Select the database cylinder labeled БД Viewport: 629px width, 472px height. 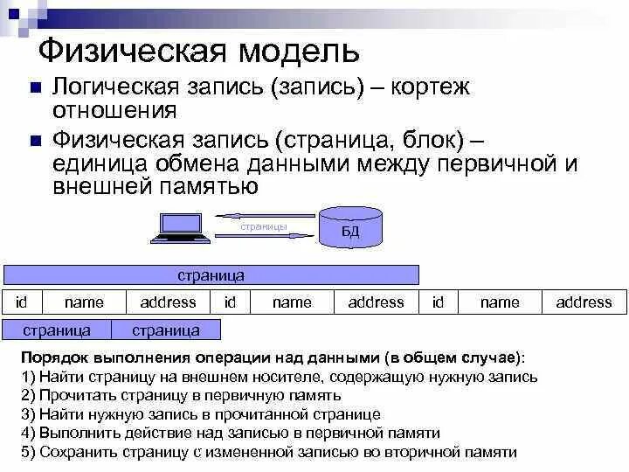click(350, 225)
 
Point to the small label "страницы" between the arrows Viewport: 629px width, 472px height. click(264, 226)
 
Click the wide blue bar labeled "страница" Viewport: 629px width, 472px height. click(211, 275)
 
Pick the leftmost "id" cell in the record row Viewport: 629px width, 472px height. click(22, 302)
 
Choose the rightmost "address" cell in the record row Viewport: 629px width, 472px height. click(584, 302)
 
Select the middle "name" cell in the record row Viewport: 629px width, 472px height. click(292, 302)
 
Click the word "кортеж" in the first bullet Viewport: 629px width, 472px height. click(429, 87)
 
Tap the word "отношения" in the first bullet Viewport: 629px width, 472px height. click(115, 110)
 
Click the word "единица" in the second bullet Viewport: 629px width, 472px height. click(97, 163)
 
